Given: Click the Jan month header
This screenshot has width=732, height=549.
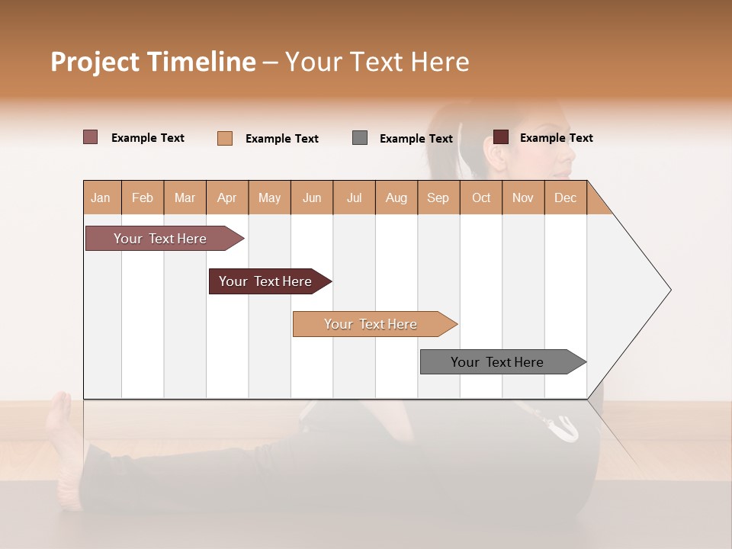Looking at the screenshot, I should (101, 198).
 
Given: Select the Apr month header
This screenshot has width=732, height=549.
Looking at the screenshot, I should (226, 198).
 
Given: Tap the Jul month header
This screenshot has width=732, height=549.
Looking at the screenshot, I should (354, 198).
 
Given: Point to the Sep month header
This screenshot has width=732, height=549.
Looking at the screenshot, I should (438, 198).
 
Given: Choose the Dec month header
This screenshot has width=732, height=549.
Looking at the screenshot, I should (565, 198).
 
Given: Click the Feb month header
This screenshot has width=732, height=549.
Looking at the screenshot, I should (143, 198).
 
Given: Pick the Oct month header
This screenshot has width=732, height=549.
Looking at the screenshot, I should (481, 198).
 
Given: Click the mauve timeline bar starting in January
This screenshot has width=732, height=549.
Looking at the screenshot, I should (161, 239).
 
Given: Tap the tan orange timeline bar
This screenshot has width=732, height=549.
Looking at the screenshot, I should (371, 324).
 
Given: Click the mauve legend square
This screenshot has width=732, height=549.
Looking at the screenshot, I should (91, 137).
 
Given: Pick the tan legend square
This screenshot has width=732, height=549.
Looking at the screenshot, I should (225, 138).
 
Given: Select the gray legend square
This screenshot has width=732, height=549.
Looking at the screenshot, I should (360, 138).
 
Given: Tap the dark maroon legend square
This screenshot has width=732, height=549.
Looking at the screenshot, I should (501, 137).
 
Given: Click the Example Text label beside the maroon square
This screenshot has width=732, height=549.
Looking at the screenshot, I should (557, 138).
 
